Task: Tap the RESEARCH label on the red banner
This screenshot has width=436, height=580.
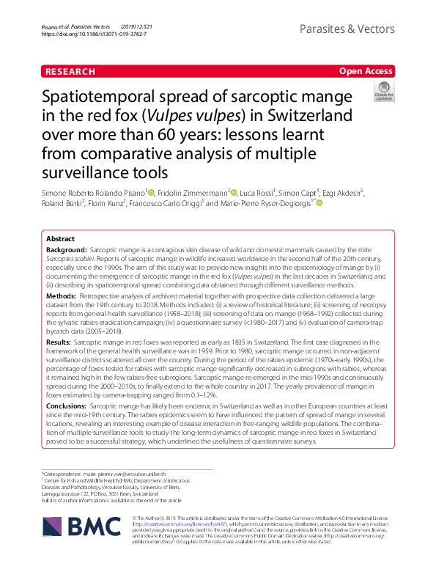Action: pyautogui.click(x=70, y=71)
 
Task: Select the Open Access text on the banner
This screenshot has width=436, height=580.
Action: pyautogui.click(x=366, y=71)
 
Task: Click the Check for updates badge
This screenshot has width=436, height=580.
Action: pyautogui.click(x=383, y=92)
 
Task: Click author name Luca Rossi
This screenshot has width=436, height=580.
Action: pyautogui.click(x=256, y=193)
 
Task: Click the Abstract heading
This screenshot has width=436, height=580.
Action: pyautogui.click(x=61, y=240)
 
